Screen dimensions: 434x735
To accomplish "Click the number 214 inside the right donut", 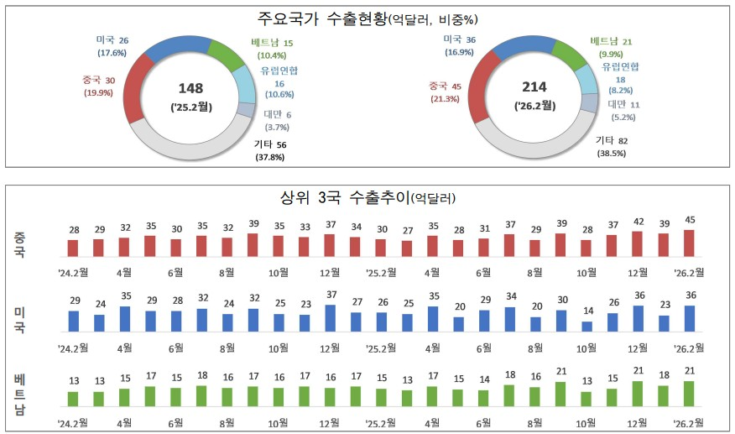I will pos(534,87).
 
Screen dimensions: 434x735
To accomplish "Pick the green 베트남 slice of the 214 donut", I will pos(567,55).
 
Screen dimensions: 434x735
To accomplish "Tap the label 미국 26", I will pos(112,39).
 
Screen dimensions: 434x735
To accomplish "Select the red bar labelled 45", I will pos(690,243).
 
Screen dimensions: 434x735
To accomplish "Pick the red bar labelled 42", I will pos(638,243).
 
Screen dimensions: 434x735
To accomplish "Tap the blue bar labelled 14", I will pos(586,327).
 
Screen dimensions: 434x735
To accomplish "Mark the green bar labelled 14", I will pos(483,398).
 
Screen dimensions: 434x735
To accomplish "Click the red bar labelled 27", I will pos(407,248).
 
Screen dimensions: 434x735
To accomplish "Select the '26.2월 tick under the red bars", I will pos(690,272).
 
